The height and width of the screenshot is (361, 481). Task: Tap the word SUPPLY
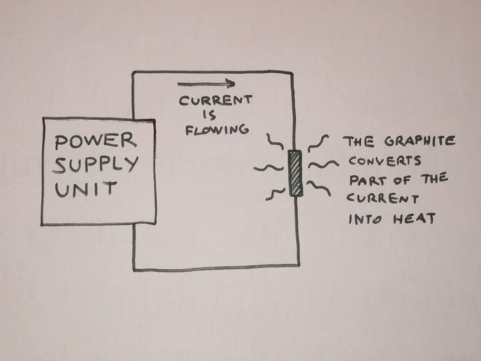(x=96, y=164)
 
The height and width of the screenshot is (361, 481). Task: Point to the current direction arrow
(x=206, y=84)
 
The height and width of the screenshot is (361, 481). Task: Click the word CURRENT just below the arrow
(x=215, y=101)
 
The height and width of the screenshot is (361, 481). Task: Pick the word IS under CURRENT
(x=210, y=115)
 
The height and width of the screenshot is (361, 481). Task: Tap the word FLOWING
(x=217, y=129)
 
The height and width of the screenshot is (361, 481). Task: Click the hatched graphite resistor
(x=295, y=173)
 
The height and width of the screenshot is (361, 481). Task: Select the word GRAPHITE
(x=420, y=141)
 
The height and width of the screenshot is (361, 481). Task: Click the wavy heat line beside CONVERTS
(x=323, y=164)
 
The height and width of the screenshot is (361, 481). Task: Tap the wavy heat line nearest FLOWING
(x=275, y=141)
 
